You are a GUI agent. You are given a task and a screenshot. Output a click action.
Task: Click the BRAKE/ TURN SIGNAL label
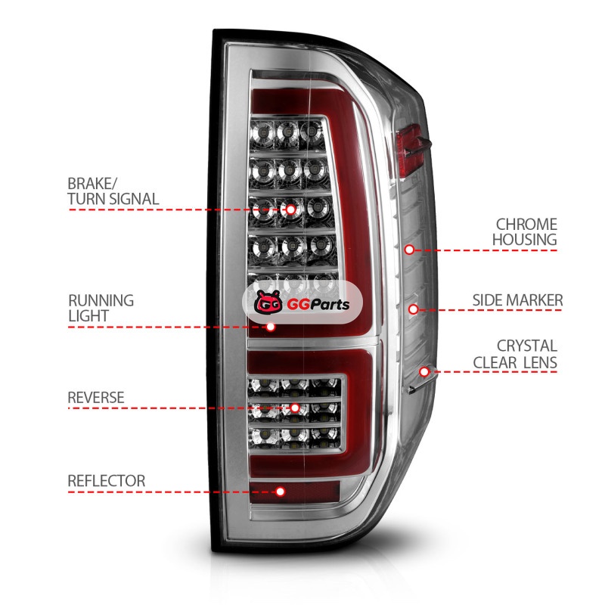(x=113, y=191)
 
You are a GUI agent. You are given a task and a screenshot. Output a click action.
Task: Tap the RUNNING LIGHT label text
(x=101, y=308)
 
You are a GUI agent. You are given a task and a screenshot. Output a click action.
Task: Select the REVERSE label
(x=95, y=397)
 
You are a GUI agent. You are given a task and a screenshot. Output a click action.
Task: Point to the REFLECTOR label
(x=106, y=481)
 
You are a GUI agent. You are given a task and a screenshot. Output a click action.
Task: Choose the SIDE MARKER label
(x=518, y=300)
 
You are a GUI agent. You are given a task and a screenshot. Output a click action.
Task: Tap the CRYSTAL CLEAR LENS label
(x=516, y=354)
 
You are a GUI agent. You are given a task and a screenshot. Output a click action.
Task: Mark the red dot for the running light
(x=271, y=327)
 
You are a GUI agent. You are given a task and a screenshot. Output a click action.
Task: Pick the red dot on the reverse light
(x=295, y=408)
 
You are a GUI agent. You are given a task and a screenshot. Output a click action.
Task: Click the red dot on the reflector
(x=281, y=492)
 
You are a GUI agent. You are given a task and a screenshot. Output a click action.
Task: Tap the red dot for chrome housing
(x=409, y=249)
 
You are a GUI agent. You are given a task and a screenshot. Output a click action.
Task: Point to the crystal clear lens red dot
(x=424, y=371)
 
